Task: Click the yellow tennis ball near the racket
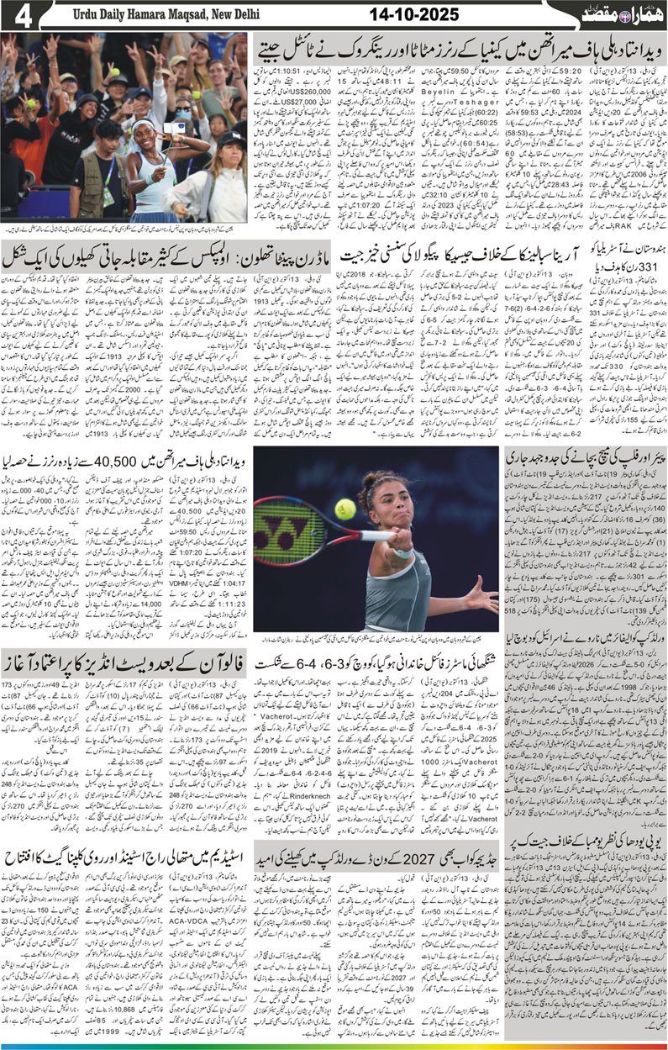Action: coord(345,509)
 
